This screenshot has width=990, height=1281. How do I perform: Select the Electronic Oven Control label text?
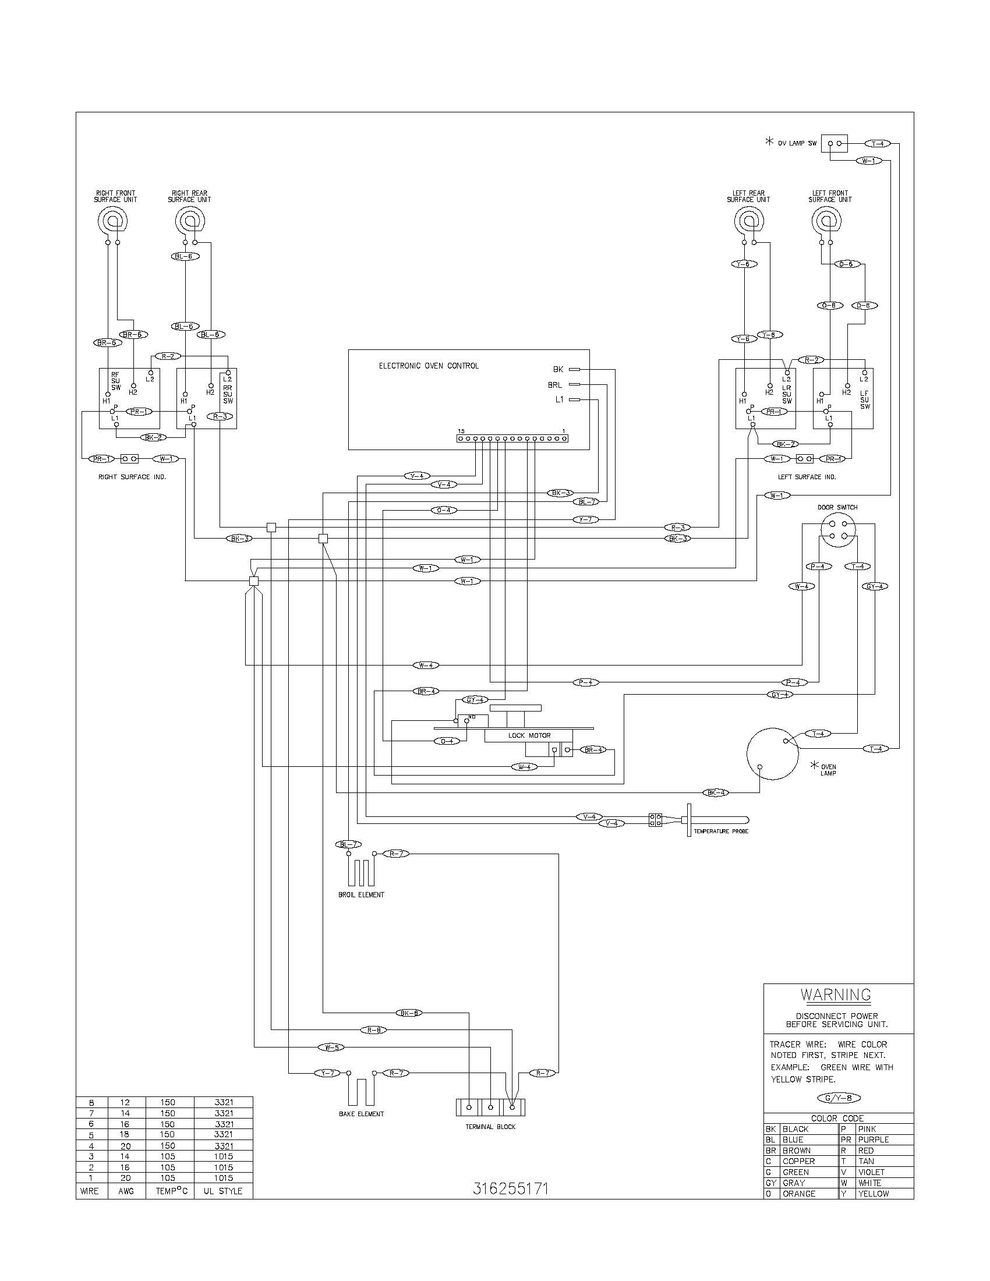[x=428, y=366]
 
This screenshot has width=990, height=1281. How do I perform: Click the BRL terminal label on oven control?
[x=554, y=385]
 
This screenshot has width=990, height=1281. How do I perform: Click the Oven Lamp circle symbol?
[x=772, y=753]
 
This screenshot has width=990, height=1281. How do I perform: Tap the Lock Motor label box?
[x=529, y=735]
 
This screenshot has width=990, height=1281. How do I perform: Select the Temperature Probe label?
[x=721, y=831]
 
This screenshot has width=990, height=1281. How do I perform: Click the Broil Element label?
[x=361, y=895]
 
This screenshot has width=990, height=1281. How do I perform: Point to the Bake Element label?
[x=361, y=1114]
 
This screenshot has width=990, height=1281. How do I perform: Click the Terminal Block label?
[x=490, y=1127]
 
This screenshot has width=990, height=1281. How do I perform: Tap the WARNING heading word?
[x=836, y=995]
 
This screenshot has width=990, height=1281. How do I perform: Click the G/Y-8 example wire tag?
[x=839, y=1098]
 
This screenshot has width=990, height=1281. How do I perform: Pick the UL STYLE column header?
[x=223, y=1191]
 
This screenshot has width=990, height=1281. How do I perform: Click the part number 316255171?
[x=510, y=1189]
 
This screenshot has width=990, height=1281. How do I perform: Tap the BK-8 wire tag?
[x=408, y=1013]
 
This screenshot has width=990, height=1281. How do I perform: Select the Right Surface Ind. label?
[x=132, y=477]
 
